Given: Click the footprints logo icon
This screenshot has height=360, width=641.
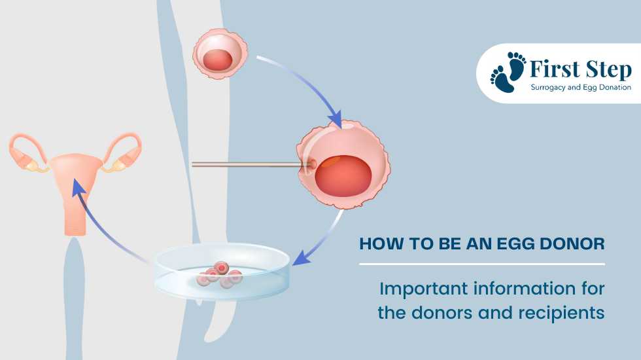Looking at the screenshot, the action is [x=508, y=72].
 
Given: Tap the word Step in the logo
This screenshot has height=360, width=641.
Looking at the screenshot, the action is [x=609, y=70].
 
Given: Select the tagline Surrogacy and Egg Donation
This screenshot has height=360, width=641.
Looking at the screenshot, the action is [x=581, y=87].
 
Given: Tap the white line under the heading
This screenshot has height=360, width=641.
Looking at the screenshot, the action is [x=482, y=264].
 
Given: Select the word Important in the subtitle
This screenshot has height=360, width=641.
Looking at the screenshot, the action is [x=424, y=289].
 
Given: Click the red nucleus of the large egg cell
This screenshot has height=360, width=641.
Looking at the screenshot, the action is [x=343, y=175].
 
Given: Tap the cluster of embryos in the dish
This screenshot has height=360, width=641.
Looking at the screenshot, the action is [x=220, y=275].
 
